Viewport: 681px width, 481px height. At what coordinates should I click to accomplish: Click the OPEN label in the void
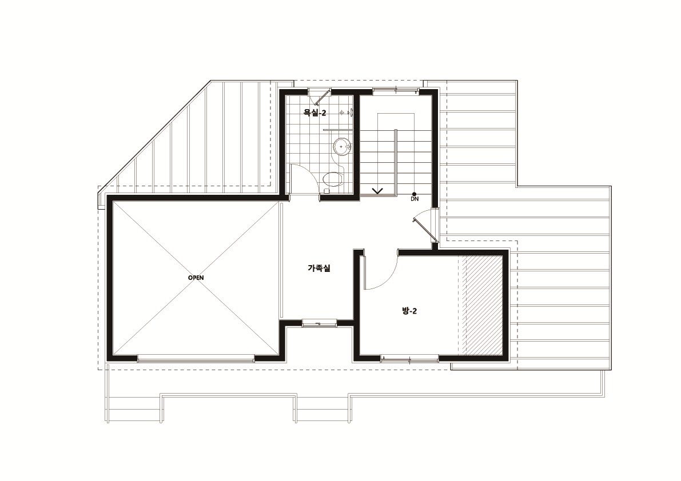point(196,278)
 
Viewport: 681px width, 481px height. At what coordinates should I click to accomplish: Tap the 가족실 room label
point(319,268)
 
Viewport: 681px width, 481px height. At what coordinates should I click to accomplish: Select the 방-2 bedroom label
point(409,311)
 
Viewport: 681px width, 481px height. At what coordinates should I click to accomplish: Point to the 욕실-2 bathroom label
point(314,113)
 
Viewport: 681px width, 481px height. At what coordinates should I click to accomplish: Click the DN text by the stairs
point(415,199)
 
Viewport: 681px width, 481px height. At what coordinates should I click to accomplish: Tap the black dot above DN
point(415,194)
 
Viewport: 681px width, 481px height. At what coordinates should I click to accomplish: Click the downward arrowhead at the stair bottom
point(377,190)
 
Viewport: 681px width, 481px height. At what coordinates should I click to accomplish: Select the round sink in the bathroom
point(343,147)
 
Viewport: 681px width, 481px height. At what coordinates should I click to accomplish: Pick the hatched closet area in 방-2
point(484,305)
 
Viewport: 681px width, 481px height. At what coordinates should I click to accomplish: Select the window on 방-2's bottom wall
point(409,358)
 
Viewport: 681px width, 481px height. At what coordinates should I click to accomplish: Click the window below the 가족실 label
point(319,323)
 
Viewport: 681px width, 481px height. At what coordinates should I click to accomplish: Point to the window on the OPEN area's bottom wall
point(196,359)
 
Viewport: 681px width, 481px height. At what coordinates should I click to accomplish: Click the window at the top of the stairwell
point(395,91)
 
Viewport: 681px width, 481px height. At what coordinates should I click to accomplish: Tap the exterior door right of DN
point(427,225)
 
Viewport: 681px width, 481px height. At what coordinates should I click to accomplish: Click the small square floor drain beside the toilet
point(326,191)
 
